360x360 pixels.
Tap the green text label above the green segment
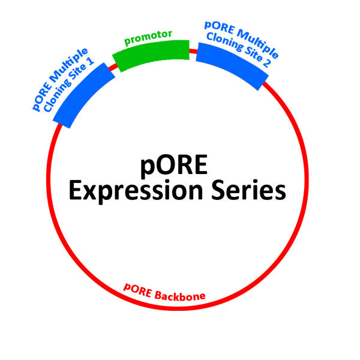click(149, 38)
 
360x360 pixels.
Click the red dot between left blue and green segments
click(112, 67)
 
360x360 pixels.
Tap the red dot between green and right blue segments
click(193, 51)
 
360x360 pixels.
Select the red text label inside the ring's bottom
click(165, 292)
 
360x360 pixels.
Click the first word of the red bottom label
click(137, 287)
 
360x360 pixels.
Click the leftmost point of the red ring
click(48, 180)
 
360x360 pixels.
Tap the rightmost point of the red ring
click(306, 180)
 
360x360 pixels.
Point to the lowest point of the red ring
click(177, 309)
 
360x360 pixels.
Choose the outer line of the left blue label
click(57, 75)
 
